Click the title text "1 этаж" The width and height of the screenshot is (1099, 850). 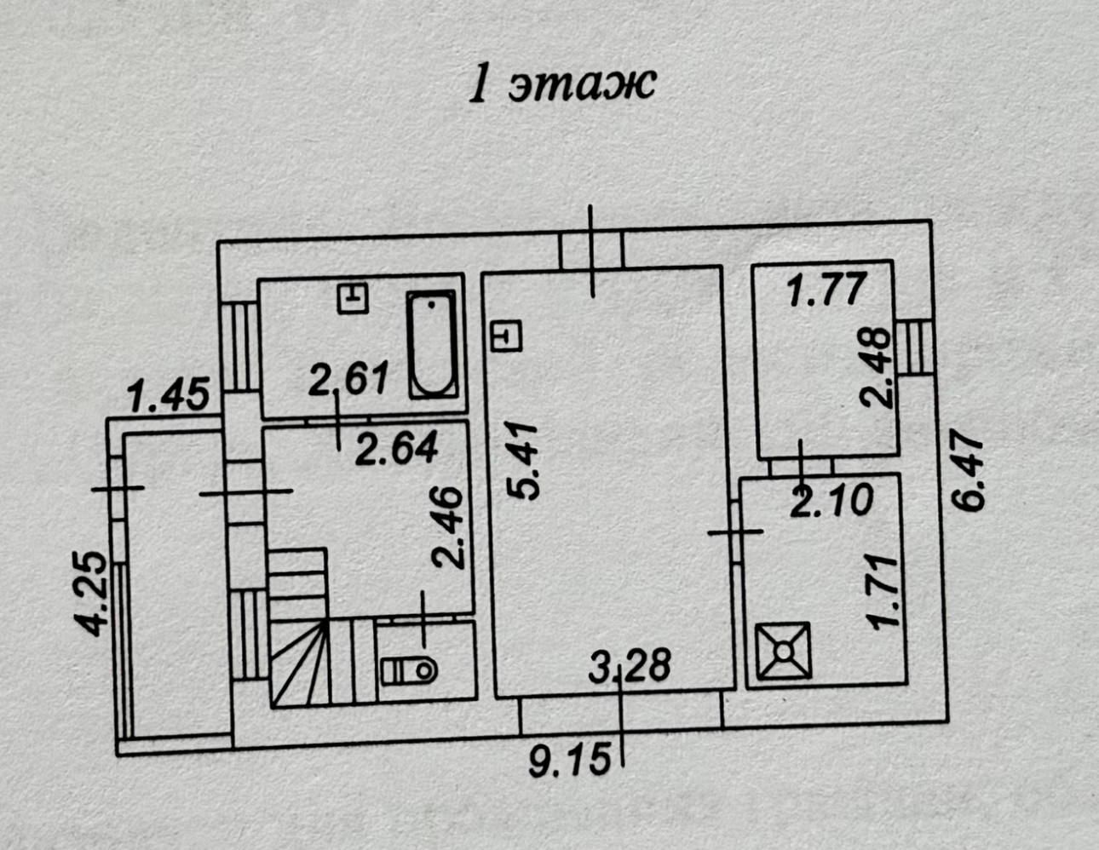pyautogui.click(x=562, y=85)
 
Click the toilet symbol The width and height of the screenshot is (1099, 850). pyautogui.click(x=410, y=670)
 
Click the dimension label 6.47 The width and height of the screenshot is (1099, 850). pyautogui.click(x=969, y=475)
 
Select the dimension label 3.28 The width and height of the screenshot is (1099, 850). pyautogui.click(x=630, y=665)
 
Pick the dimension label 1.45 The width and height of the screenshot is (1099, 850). pyautogui.click(x=167, y=395)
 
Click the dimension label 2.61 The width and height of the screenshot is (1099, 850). pyautogui.click(x=348, y=378)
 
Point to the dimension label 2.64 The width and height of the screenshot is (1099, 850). pyautogui.click(x=396, y=449)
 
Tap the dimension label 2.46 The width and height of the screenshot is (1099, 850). pyautogui.click(x=449, y=527)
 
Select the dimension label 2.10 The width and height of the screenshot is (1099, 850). pyautogui.click(x=831, y=500)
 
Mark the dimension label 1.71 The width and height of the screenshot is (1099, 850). pyautogui.click(x=883, y=591)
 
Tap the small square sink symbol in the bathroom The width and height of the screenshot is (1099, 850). pyautogui.click(x=352, y=297)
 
